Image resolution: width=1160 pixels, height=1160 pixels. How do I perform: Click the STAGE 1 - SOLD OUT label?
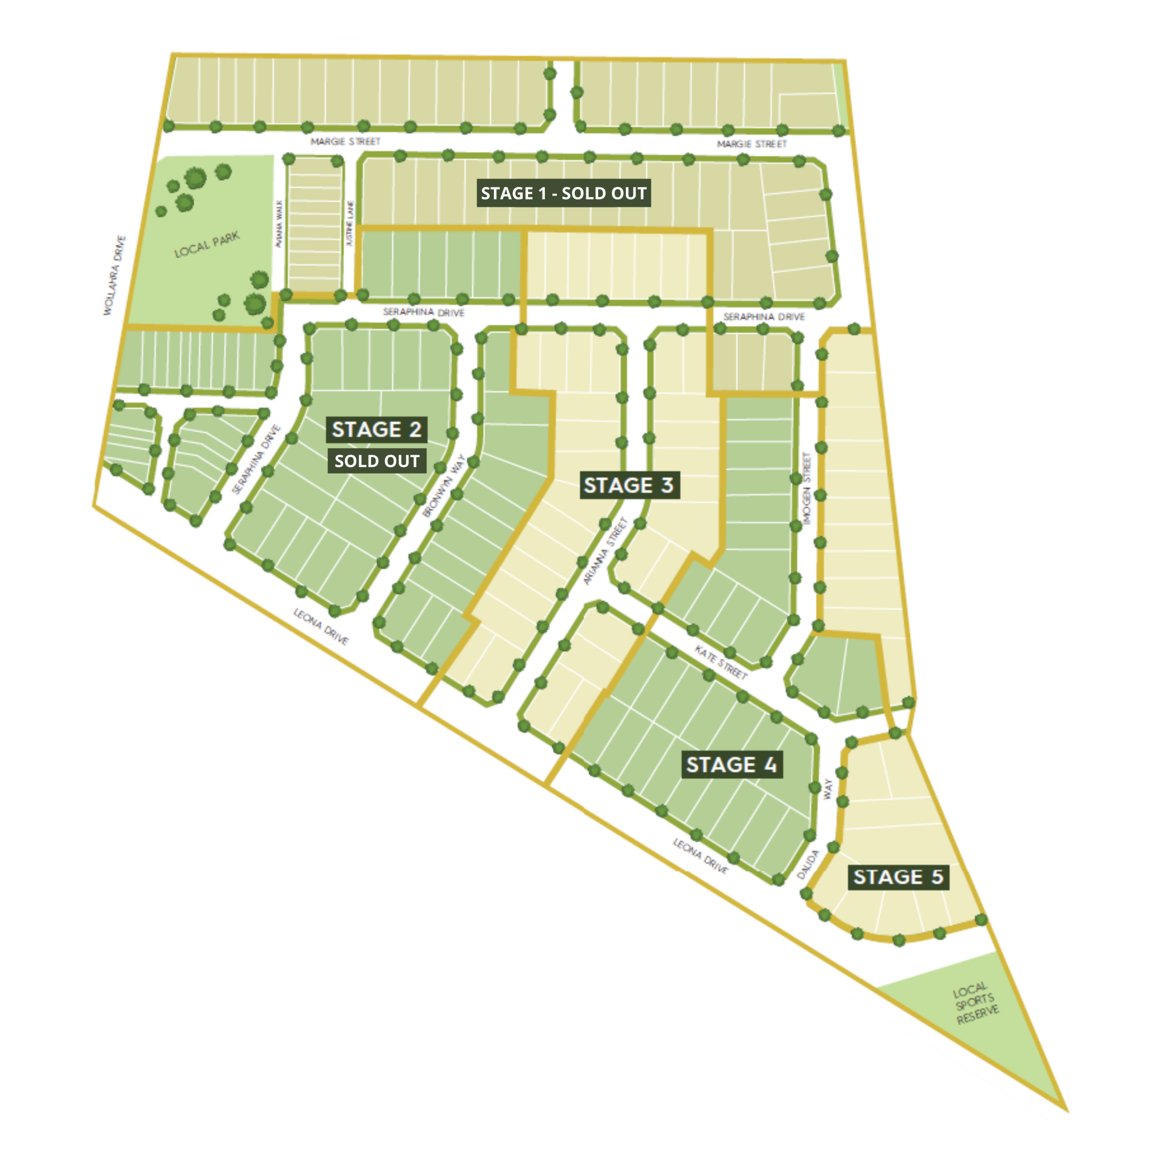(x=563, y=193)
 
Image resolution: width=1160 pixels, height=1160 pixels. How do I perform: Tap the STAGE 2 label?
(x=377, y=430)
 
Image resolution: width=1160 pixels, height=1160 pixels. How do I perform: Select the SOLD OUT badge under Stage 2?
(x=377, y=461)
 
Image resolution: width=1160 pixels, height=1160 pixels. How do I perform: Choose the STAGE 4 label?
(x=731, y=765)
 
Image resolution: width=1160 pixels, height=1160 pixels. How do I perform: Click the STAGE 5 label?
(x=898, y=877)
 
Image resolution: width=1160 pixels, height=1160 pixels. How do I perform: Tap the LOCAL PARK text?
(x=207, y=244)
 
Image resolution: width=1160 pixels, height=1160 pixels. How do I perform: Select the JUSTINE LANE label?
(x=351, y=223)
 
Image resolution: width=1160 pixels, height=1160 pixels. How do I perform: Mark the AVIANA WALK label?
(x=278, y=223)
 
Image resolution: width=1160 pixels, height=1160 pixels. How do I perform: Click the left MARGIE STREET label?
(x=346, y=142)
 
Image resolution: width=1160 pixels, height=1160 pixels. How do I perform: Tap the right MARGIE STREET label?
(x=752, y=144)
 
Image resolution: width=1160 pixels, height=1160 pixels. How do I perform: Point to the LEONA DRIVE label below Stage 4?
(x=700, y=856)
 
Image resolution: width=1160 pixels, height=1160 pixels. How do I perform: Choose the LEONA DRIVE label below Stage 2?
(x=321, y=626)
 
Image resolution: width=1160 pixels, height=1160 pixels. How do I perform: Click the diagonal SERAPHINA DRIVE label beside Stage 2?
(x=257, y=459)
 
